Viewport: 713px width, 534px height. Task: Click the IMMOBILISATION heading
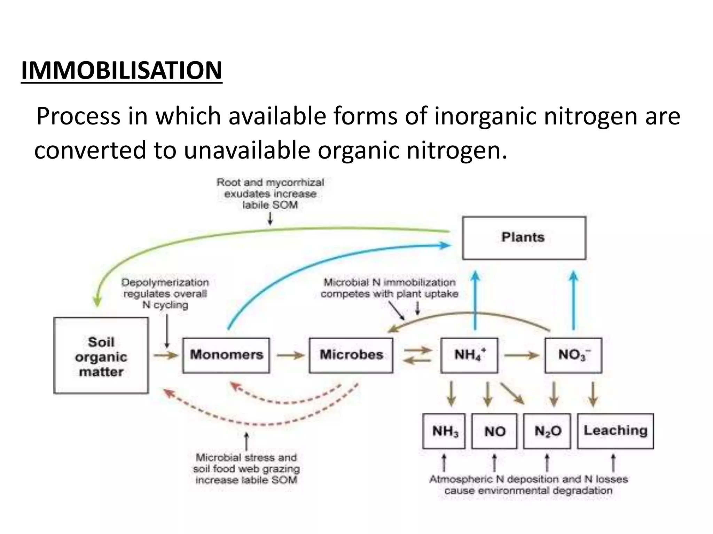tap(122, 70)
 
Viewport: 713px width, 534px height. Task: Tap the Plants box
tap(524, 238)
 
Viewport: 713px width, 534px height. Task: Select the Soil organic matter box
tap(101, 356)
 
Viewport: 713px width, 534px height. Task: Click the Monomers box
tap(226, 355)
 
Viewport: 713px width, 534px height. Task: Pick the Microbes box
tap(351, 355)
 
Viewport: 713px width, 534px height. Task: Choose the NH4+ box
tap(469, 355)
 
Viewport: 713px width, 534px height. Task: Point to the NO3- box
tap(573, 355)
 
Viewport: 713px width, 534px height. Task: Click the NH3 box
tap(444, 431)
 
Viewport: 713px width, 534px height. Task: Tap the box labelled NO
tap(494, 431)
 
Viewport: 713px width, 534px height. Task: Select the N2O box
tap(547, 431)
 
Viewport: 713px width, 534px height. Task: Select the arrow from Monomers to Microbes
tap(290, 355)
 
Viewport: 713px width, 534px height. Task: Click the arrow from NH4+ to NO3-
tap(521, 355)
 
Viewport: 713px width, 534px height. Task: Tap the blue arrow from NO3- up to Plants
tap(573, 301)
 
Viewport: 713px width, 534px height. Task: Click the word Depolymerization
tap(165, 283)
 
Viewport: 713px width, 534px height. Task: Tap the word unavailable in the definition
tap(247, 150)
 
